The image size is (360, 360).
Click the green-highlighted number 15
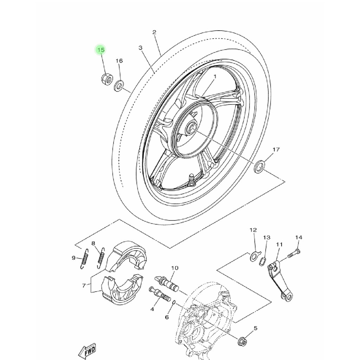click(x=101, y=50)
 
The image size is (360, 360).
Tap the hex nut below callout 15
click(x=107, y=79)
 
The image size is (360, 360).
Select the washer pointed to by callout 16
click(x=119, y=86)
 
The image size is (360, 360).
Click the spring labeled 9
click(x=84, y=259)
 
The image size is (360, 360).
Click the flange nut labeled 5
click(x=243, y=341)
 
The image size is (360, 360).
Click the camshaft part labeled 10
click(x=167, y=284)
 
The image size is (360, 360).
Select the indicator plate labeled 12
click(x=254, y=256)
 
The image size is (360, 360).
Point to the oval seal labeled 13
click(x=262, y=262)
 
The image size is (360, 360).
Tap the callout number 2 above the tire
click(x=154, y=32)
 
